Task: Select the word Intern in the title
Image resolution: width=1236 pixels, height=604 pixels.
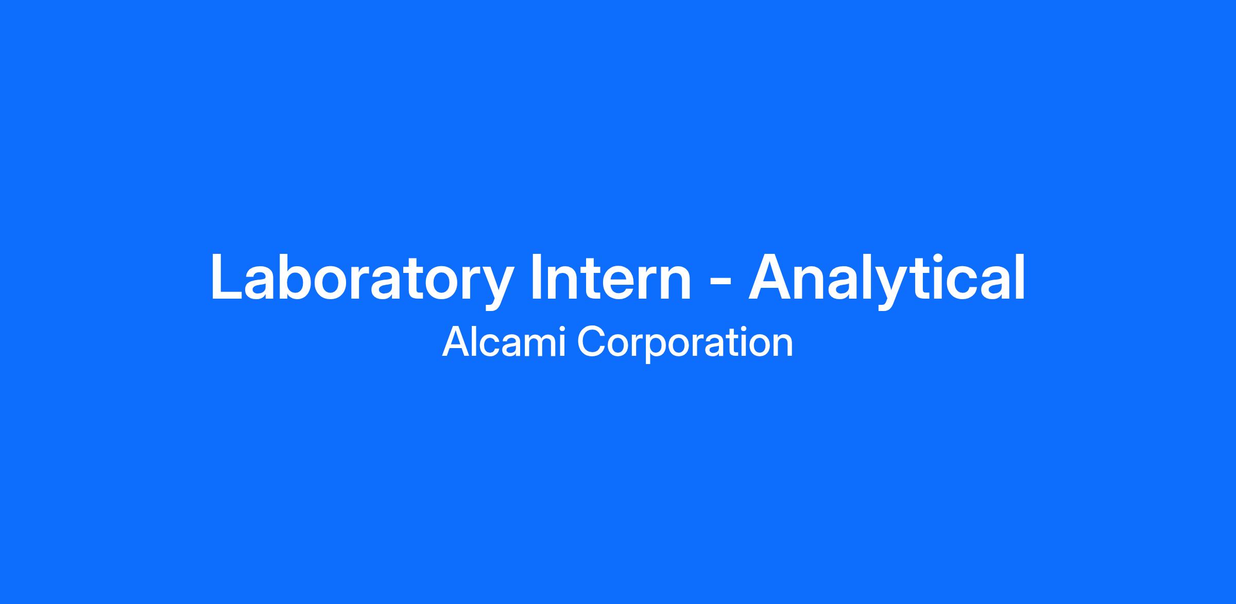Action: (611, 277)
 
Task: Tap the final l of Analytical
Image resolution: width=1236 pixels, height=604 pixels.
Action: (1020, 276)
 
